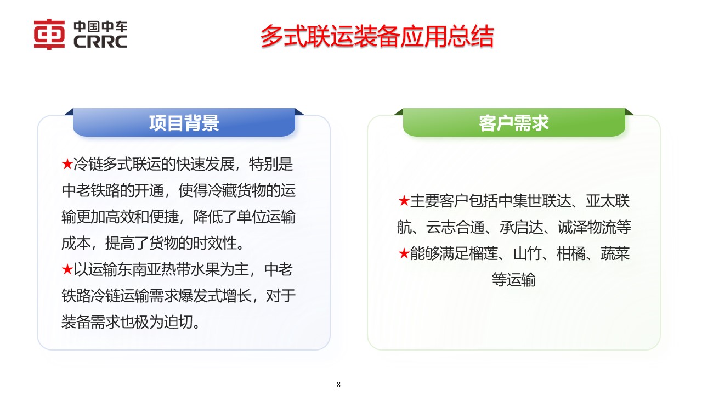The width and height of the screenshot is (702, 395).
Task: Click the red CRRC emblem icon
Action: point(49,34)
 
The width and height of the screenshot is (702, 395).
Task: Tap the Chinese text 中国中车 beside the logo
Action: point(100,27)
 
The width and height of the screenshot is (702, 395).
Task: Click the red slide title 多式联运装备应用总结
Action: point(377,37)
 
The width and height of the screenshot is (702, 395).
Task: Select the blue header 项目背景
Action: point(184,123)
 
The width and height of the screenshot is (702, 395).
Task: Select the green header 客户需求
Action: point(514,123)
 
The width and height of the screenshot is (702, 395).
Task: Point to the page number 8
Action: point(338,385)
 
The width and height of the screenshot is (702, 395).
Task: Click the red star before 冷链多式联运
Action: point(67,164)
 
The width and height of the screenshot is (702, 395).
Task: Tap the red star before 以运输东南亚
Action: point(67,270)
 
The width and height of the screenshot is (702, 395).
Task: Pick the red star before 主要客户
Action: point(404,201)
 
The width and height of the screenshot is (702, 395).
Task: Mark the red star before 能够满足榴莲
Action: point(404,254)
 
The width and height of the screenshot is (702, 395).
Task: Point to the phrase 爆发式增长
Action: point(219,296)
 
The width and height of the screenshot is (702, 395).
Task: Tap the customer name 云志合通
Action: point(461,227)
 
